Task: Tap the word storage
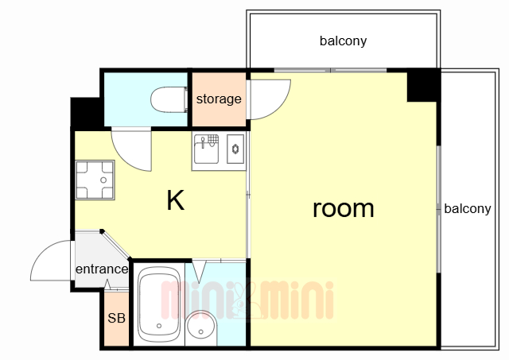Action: (x=219, y=99)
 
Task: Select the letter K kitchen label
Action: (x=175, y=201)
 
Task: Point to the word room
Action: (x=343, y=208)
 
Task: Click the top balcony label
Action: (x=343, y=41)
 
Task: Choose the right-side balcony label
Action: (x=467, y=209)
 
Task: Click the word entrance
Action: (x=102, y=269)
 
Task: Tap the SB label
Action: (x=116, y=319)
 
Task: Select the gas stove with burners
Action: (x=95, y=180)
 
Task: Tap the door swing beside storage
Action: (x=268, y=95)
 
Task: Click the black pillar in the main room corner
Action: (x=423, y=85)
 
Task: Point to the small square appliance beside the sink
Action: (x=235, y=149)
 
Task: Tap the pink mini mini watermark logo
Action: (x=247, y=300)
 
